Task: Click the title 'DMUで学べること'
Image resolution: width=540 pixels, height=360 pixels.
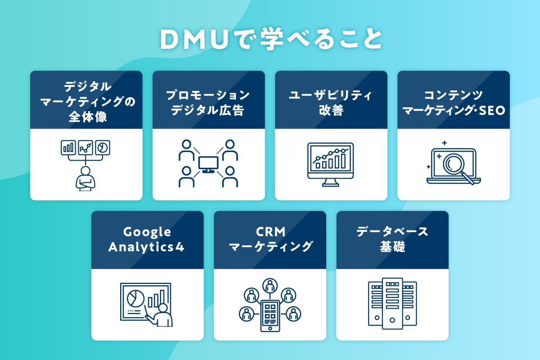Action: point(270,40)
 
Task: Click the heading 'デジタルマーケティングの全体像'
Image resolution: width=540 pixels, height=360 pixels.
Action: point(86,102)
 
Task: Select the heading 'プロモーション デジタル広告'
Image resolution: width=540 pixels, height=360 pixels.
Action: point(208,102)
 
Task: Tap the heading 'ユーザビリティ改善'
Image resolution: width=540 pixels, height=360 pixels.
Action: point(331,102)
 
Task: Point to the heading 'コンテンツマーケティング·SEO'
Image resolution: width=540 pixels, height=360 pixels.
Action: point(454,102)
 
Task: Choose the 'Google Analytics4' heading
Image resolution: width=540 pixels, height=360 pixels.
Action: point(147,239)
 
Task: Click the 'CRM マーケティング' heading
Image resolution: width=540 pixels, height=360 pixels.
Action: point(270,239)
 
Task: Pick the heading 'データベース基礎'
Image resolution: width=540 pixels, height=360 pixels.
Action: point(392,239)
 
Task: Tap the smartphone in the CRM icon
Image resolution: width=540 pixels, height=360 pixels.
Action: point(270,315)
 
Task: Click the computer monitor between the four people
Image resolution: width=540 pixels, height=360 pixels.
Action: point(208,164)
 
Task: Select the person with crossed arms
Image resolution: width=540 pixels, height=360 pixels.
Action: point(85,179)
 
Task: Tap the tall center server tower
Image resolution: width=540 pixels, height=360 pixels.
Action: point(392,302)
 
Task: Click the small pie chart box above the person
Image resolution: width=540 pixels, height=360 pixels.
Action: point(103,147)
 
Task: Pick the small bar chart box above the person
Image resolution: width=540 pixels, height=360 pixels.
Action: point(68,147)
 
